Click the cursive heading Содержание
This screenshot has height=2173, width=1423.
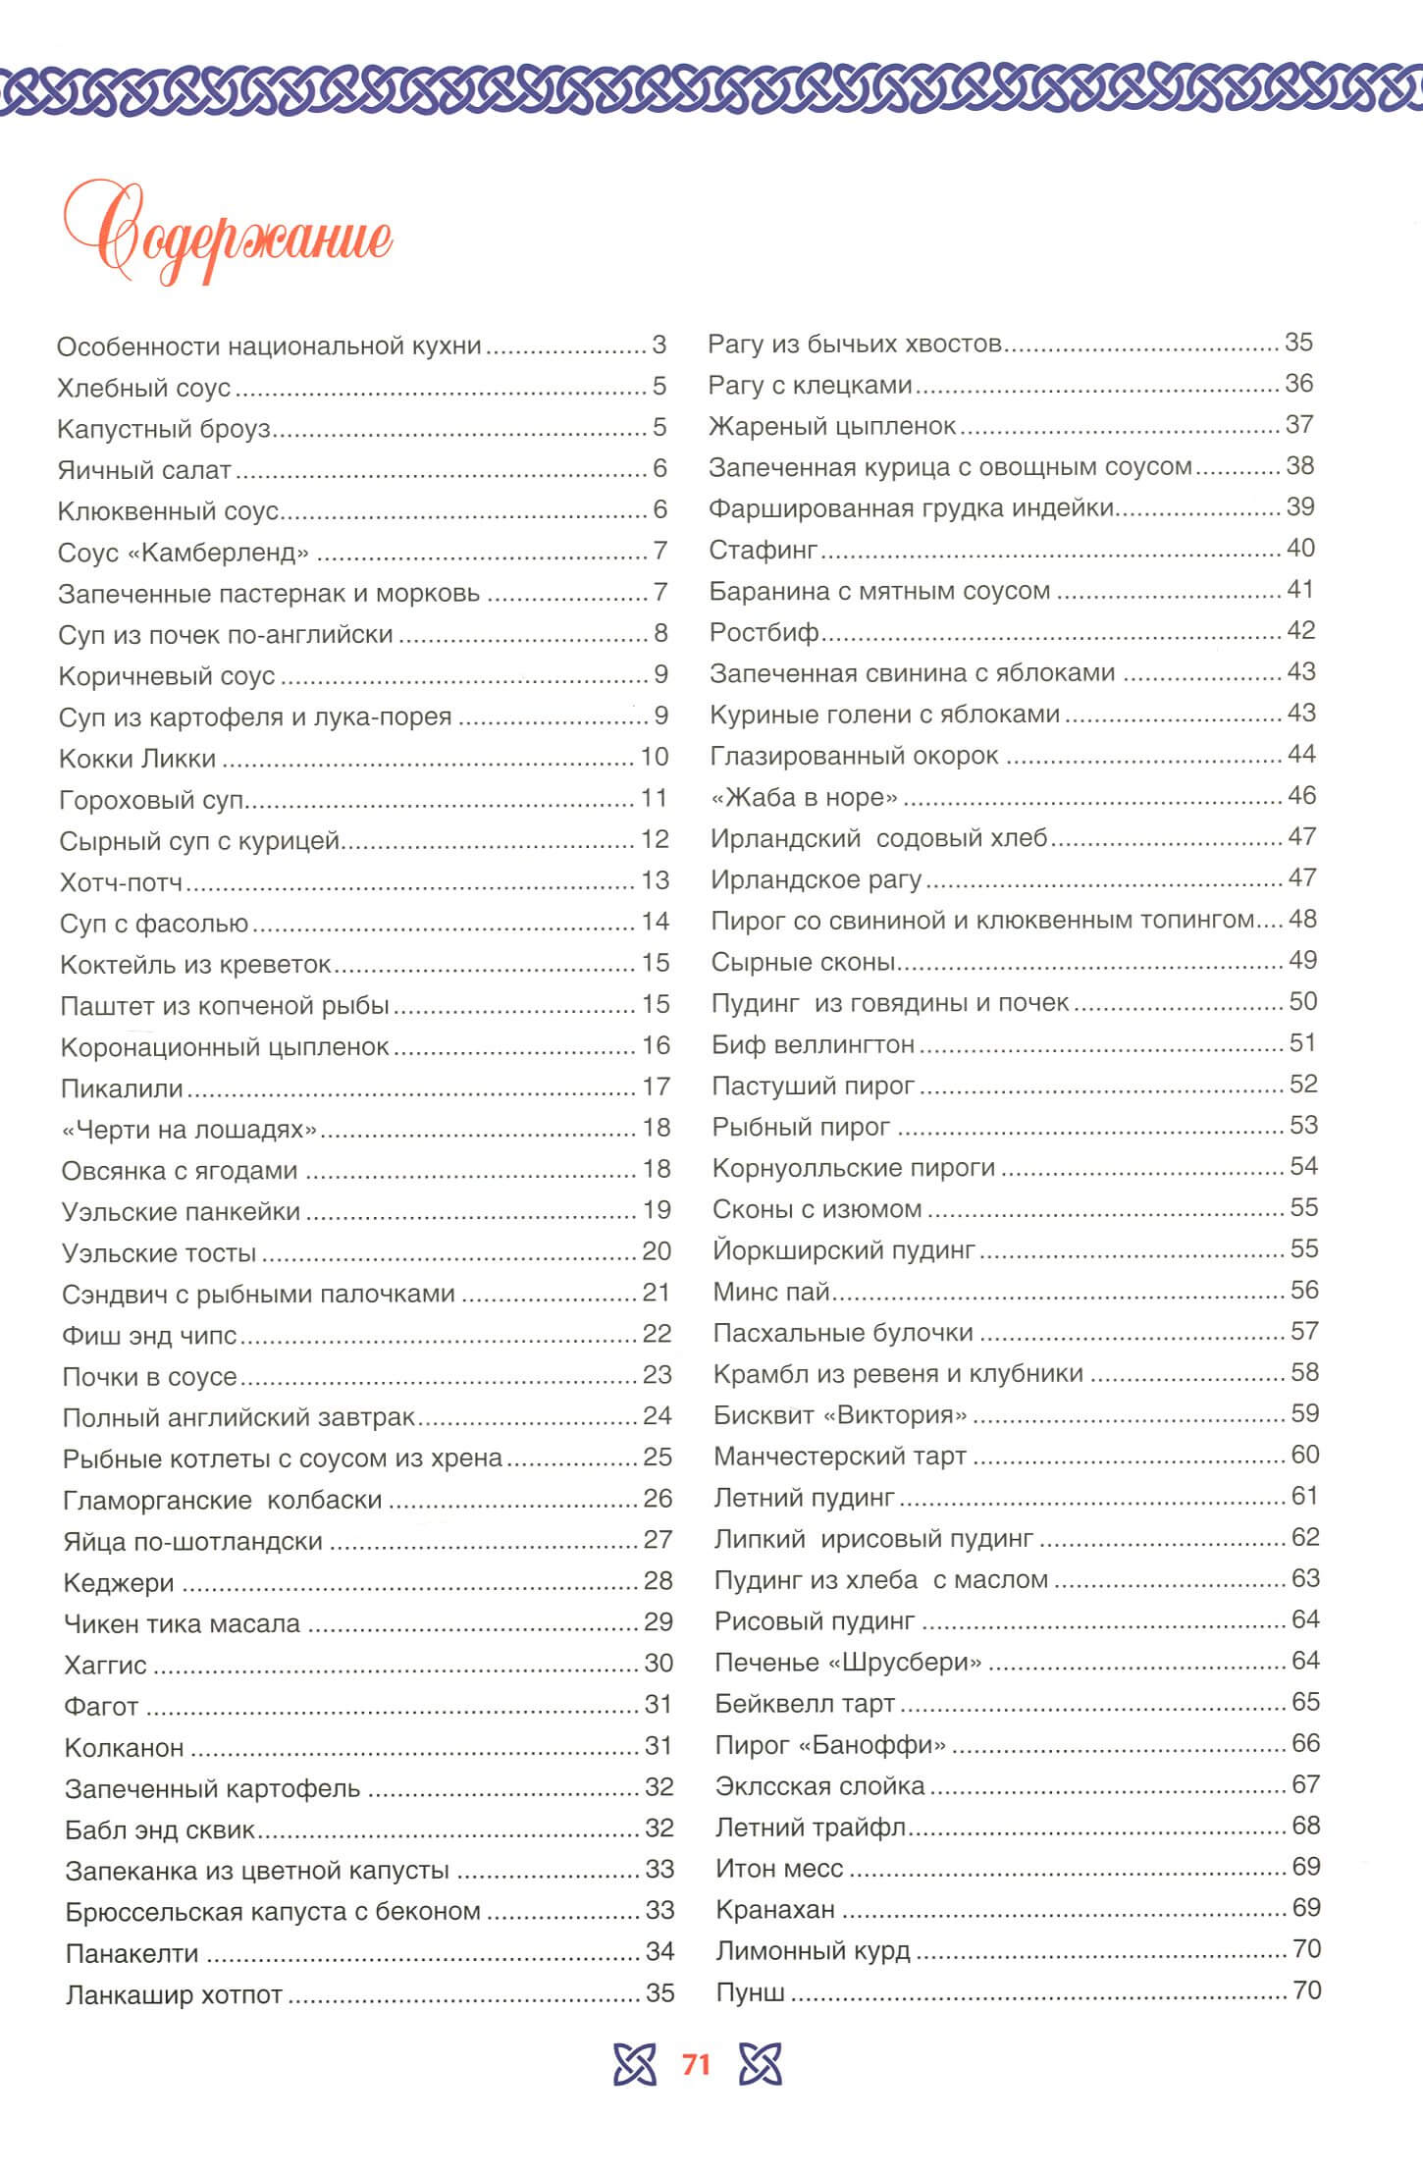tap(228, 238)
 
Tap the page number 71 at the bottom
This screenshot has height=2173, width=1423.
tap(695, 2065)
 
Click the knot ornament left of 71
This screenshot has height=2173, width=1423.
tap(634, 2065)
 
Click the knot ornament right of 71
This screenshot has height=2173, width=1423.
tap(761, 2065)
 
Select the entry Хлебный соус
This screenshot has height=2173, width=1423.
tap(144, 388)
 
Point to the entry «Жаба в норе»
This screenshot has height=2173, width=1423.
tap(804, 797)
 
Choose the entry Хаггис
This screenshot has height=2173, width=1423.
tap(105, 1665)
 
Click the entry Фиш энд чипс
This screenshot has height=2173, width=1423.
tap(150, 1335)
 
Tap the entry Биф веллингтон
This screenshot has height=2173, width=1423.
tap(814, 1044)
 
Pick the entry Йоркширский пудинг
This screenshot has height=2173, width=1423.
tap(844, 1250)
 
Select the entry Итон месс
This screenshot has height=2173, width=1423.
tap(779, 1868)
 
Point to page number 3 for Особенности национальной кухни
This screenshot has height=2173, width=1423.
tap(659, 345)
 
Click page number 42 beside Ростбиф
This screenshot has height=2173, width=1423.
tap(1300, 631)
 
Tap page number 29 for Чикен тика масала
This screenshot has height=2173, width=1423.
tap(659, 1622)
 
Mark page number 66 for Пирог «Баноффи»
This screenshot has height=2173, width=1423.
tap(1305, 1743)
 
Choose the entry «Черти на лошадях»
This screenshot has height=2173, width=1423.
tap(189, 1130)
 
